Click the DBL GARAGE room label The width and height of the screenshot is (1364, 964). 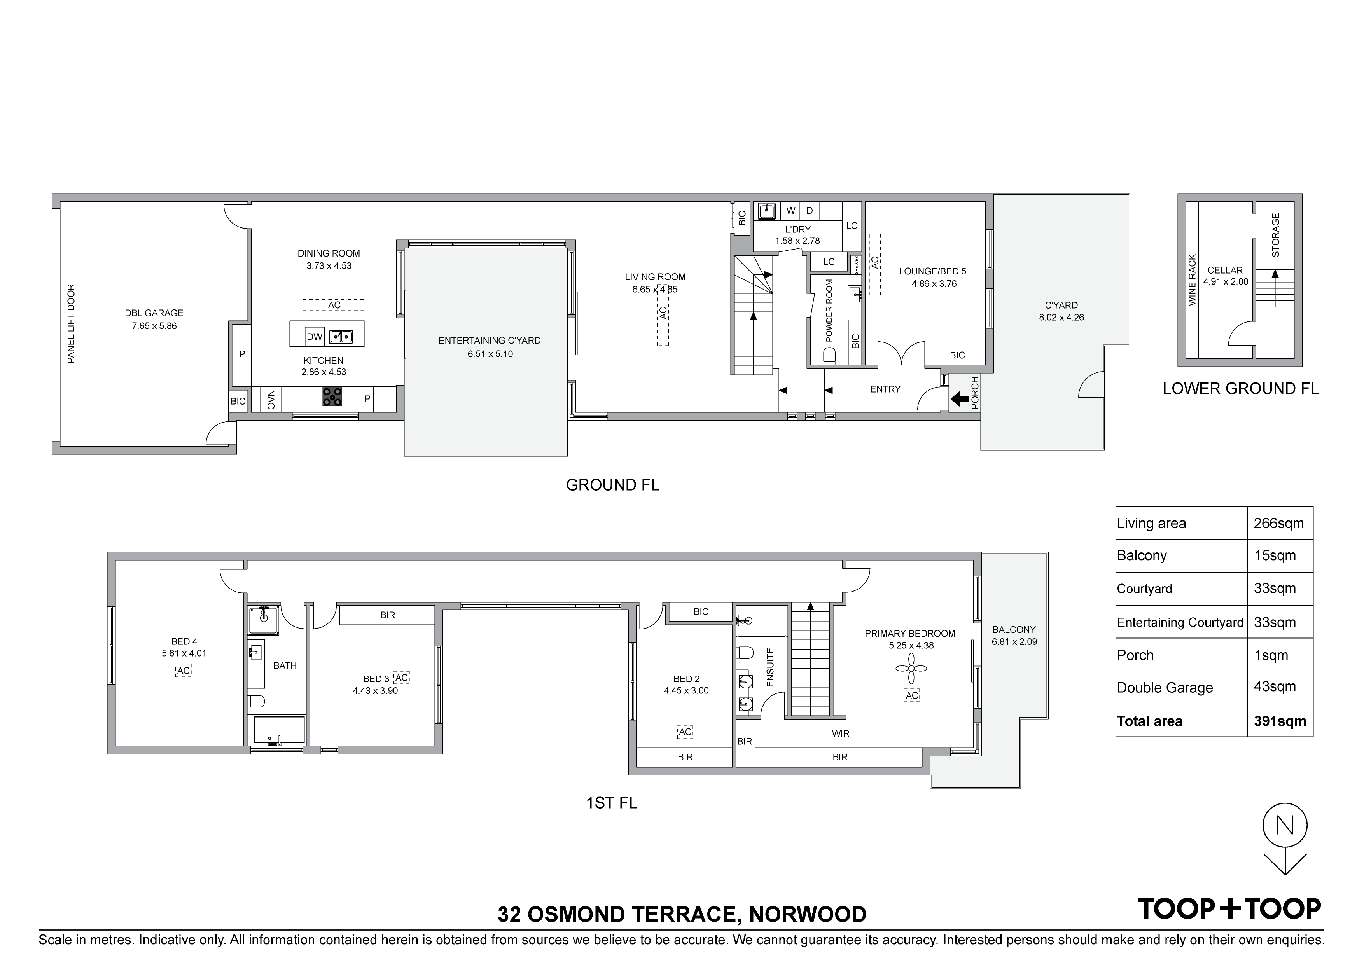154,313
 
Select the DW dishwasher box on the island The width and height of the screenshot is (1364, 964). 314,337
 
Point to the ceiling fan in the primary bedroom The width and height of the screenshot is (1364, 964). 911,669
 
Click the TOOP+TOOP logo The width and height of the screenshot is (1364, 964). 1229,908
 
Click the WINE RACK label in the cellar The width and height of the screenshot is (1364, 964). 1192,280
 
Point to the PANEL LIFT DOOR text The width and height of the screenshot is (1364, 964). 71,324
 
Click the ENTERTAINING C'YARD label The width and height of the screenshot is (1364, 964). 490,341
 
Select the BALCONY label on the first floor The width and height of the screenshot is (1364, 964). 1014,630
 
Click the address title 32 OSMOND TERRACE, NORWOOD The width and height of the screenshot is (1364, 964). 682,914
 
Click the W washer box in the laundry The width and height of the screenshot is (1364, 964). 791,211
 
